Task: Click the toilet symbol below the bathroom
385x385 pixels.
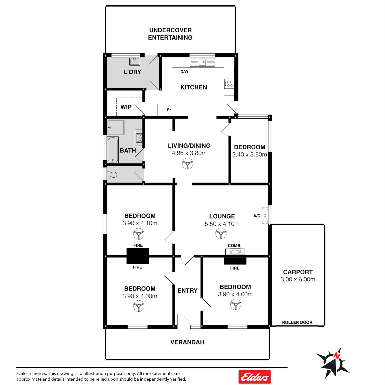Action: click(x=112, y=175)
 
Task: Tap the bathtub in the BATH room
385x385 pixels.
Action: click(x=113, y=150)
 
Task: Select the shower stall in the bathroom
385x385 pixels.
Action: click(x=115, y=127)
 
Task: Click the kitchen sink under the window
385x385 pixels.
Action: click(x=202, y=62)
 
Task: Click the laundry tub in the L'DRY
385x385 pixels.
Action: click(x=134, y=62)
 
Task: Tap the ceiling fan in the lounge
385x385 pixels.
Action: click(x=221, y=234)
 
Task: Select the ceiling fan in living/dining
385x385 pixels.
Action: click(x=188, y=163)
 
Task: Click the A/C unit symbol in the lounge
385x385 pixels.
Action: click(x=265, y=215)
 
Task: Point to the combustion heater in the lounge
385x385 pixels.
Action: click(x=235, y=252)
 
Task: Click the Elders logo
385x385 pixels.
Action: click(x=255, y=377)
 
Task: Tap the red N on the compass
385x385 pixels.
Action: click(x=337, y=356)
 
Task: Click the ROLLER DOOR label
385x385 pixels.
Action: click(x=297, y=322)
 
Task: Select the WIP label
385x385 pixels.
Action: click(x=126, y=107)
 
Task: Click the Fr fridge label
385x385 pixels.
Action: click(x=169, y=110)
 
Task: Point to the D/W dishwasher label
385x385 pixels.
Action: click(x=184, y=72)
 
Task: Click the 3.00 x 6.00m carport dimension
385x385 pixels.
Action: click(x=298, y=279)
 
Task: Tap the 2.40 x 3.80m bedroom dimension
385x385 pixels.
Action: click(x=250, y=155)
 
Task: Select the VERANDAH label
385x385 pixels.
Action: click(x=187, y=342)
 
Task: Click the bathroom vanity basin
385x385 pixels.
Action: click(x=139, y=138)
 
